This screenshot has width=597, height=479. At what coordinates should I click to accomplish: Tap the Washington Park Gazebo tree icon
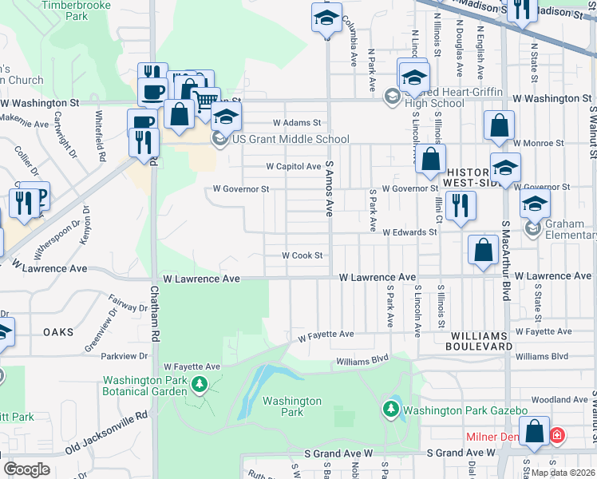coord(391,410)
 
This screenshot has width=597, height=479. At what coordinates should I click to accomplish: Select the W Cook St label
coord(301,255)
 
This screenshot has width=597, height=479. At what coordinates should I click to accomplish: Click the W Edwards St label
coord(410,232)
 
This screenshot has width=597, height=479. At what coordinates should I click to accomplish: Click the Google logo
coord(26,469)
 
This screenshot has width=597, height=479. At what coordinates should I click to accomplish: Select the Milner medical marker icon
coord(556,436)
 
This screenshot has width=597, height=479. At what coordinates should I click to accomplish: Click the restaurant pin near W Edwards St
coord(461,204)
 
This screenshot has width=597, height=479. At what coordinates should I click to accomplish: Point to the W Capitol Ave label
coord(293,167)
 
